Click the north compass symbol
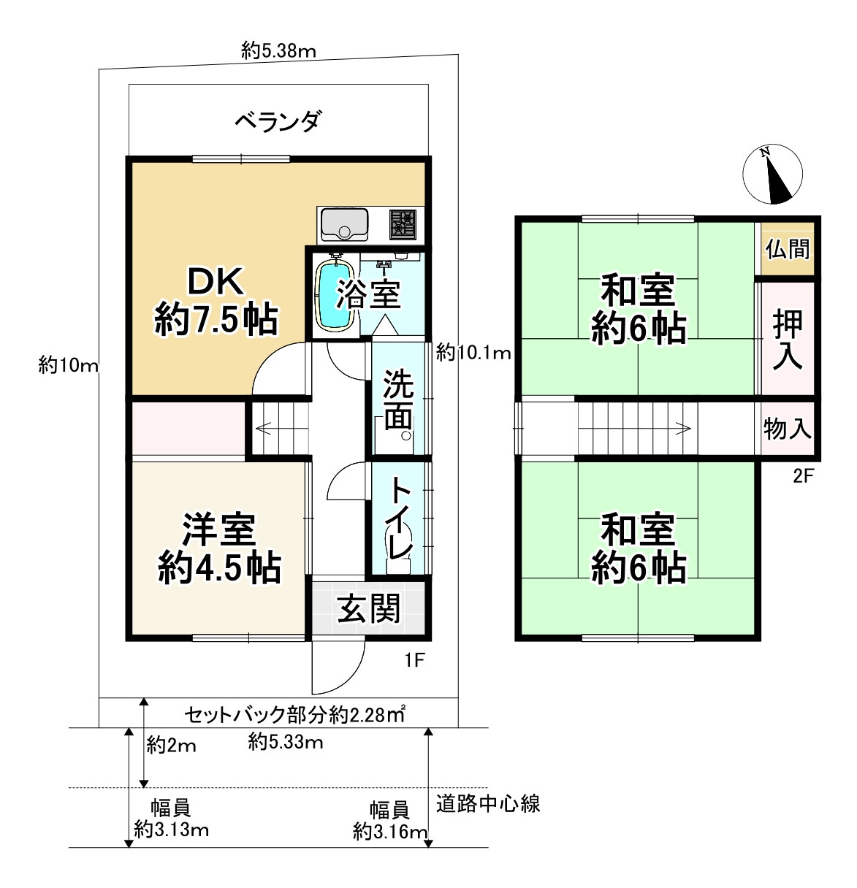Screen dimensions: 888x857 (x=772, y=175)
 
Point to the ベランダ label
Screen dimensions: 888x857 (x=278, y=120)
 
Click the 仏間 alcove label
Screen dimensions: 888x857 (x=788, y=248)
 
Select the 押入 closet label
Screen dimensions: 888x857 (x=788, y=340)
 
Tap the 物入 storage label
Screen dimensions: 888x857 (x=788, y=428)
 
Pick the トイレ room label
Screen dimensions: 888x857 (x=400, y=518)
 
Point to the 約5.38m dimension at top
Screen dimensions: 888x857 (x=278, y=50)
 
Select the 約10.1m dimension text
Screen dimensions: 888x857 (x=473, y=353)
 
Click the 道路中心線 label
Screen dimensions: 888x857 (x=488, y=804)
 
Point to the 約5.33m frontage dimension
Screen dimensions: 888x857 (x=286, y=743)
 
